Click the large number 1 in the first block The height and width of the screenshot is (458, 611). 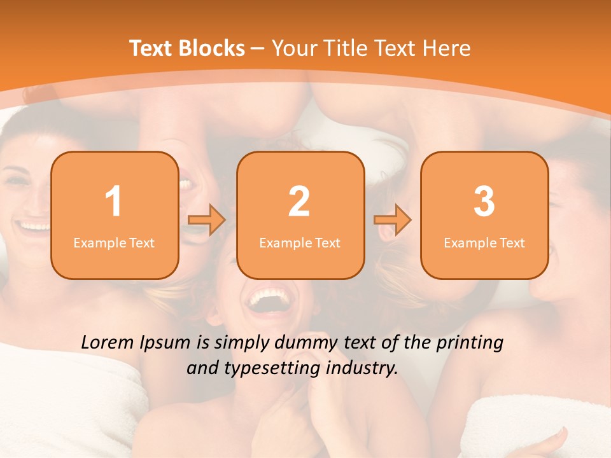[x=113, y=202]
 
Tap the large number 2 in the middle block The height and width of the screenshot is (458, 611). [x=299, y=202]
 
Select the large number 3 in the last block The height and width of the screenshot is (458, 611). [x=484, y=202]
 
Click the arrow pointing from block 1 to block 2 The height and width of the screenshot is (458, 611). [x=207, y=220]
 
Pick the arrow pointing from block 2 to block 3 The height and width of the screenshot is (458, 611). [x=393, y=220]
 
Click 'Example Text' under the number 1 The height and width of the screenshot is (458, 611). [x=114, y=242]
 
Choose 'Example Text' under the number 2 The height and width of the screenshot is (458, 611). [x=300, y=242]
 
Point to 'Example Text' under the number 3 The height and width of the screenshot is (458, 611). [x=484, y=242]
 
